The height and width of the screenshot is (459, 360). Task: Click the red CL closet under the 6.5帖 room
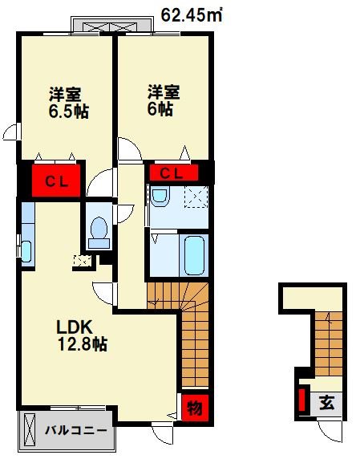click(55, 180)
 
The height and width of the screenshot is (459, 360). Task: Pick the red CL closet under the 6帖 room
click(172, 172)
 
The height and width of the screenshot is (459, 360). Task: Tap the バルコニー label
click(75, 431)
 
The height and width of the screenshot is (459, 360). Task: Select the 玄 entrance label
click(328, 402)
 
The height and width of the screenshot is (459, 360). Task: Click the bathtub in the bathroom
click(192, 255)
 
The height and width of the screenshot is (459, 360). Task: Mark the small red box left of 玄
click(301, 399)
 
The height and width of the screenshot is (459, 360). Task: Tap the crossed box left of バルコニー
click(28, 431)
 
